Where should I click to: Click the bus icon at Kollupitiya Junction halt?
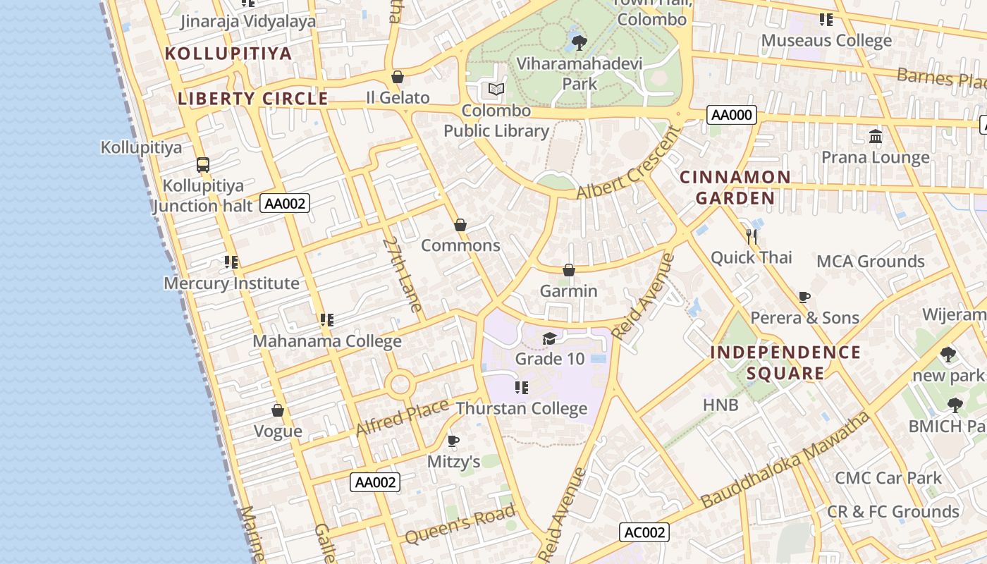tap(203, 165)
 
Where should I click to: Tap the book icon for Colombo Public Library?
tap(496, 90)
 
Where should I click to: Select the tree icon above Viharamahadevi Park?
tap(580, 43)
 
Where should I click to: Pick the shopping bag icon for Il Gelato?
tap(398, 77)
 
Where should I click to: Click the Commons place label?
tap(460, 245)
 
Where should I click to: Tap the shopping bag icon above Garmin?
tap(569, 270)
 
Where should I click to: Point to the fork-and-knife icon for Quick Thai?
tap(752, 236)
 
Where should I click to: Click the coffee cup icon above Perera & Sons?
tap(804, 297)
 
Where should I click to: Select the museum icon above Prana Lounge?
tap(876, 136)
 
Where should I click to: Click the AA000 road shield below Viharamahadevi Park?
tap(732, 114)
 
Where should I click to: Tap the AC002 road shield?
tap(644, 532)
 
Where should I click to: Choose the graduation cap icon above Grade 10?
tap(549, 338)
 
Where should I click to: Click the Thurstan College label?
tap(521, 408)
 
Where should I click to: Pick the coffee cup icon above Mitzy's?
tap(453, 441)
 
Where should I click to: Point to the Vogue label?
tap(278, 431)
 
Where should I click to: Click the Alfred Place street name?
tap(402, 417)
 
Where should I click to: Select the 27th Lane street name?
tap(403, 274)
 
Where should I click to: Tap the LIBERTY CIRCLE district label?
tap(253, 99)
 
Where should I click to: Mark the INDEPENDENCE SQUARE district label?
tap(785, 362)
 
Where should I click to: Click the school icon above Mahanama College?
tap(326, 320)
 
